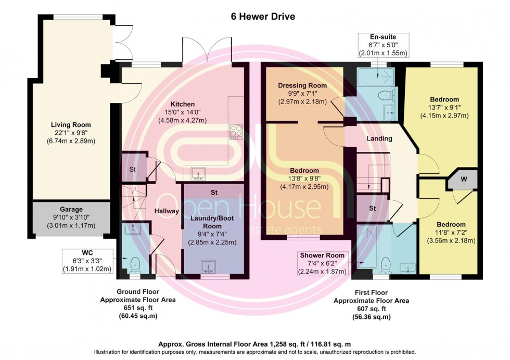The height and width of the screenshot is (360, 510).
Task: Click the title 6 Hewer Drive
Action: pos(263,17)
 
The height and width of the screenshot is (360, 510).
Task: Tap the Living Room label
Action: pos(71,125)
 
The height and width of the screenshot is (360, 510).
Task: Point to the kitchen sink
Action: pos(197,172)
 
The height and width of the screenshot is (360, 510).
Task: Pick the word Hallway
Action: pos(167,211)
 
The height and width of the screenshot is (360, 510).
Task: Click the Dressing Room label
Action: pos(302,85)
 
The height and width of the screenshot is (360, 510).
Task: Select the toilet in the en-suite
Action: pos(384,95)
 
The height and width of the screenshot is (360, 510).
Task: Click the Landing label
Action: pos(379,139)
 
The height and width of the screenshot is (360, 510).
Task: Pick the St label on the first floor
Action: pos(372,208)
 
